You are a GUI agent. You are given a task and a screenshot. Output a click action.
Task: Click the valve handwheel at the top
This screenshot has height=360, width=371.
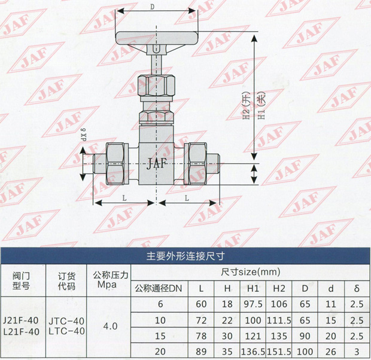click(x=156, y=38)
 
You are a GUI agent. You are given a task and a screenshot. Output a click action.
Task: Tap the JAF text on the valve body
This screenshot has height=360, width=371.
click(x=157, y=163)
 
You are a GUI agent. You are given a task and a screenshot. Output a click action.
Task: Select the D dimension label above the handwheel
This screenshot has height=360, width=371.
click(x=152, y=7)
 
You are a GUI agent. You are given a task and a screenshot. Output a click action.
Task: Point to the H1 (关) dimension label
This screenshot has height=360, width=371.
click(x=261, y=105)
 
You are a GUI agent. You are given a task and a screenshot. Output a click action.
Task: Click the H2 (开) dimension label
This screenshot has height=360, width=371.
click(x=247, y=105)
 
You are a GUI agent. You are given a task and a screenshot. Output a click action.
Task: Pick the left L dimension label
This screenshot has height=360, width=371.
click(x=124, y=198)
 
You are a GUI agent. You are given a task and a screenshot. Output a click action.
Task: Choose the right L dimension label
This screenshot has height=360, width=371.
click(x=187, y=198)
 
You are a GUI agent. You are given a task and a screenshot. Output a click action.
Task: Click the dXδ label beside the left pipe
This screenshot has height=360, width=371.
click(x=84, y=135)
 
